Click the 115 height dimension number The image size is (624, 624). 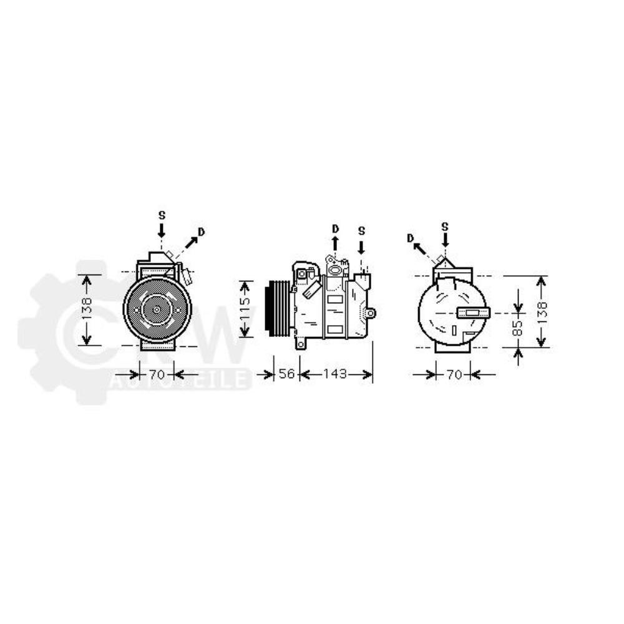click(x=245, y=309)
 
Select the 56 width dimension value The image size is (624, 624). click(x=286, y=374)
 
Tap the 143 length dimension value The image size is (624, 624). click(x=335, y=374)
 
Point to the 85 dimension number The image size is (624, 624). click(x=517, y=328)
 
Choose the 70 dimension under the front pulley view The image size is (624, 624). click(x=156, y=374)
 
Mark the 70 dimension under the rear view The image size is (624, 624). click(x=454, y=374)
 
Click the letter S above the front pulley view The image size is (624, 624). click(x=162, y=215)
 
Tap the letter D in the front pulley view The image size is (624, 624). click(x=201, y=232)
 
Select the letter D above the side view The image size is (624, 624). click(x=335, y=227)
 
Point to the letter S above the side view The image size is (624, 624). click(x=361, y=231)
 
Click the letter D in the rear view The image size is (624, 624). click(x=410, y=238)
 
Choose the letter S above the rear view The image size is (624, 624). click(x=444, y=226)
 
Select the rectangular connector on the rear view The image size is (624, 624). click(x=474, y=313)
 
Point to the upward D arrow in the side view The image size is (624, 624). click(x=335, y=243)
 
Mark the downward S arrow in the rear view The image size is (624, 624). click(x=444, y=240)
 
